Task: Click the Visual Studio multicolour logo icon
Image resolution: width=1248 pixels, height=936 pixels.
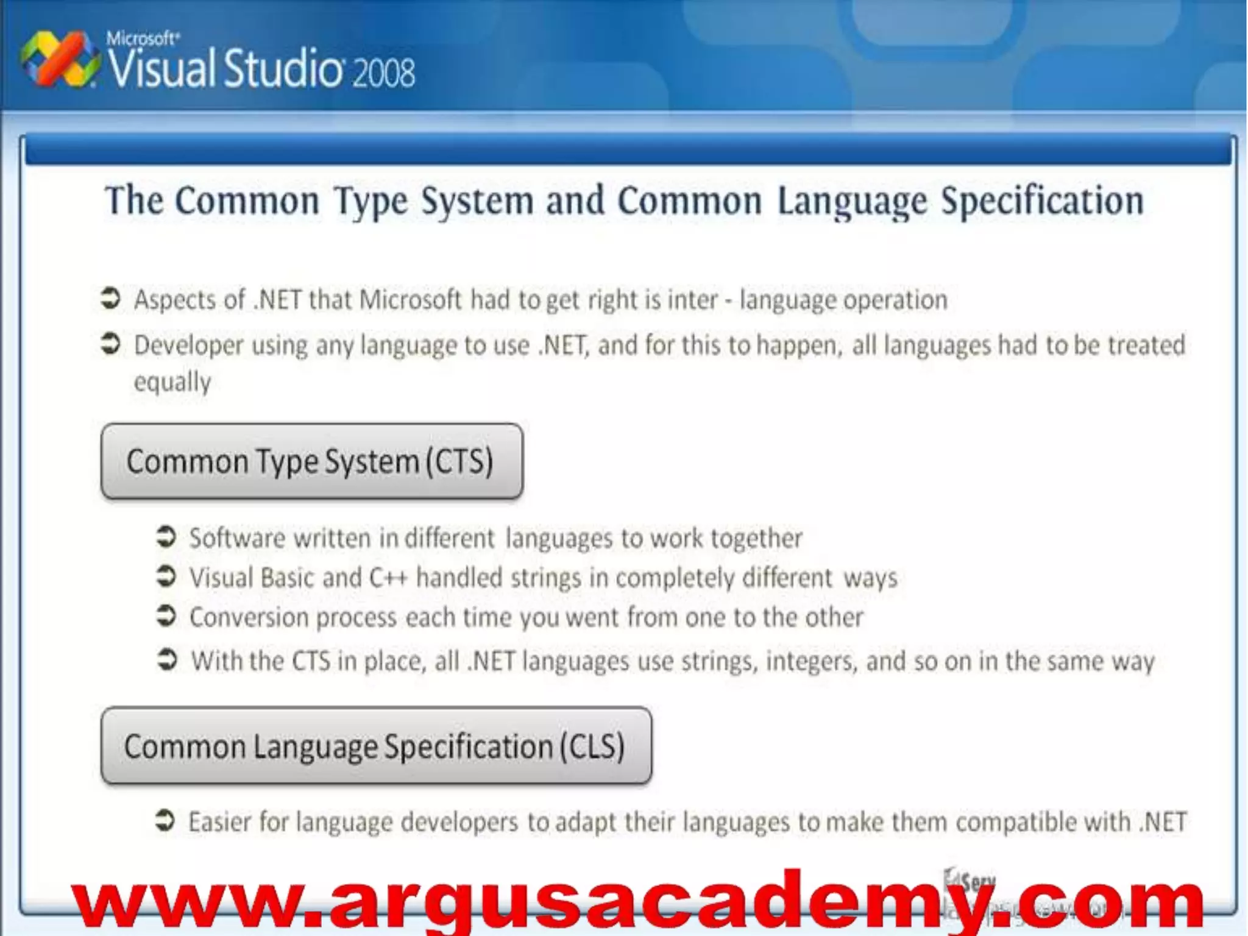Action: click(59, 60)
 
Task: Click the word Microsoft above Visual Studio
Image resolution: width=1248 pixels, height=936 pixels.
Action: click(143, 38)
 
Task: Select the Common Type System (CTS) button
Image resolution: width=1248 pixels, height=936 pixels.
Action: click(311, 461)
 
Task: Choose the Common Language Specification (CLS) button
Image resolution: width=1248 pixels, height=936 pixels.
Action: click(376, 746)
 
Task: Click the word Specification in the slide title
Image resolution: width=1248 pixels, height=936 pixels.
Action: click(1042, 201)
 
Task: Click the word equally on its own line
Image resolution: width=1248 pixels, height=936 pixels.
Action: click(172, 383)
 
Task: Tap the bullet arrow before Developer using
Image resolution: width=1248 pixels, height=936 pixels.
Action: click(110, 344)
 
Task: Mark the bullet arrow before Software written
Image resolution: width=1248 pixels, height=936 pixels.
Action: click(166, 537)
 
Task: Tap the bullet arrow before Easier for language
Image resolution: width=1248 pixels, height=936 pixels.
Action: click(165, 820)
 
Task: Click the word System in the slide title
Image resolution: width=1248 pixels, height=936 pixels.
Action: click(478, 201)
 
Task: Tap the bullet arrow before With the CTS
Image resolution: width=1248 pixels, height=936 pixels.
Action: click(166, 659)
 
